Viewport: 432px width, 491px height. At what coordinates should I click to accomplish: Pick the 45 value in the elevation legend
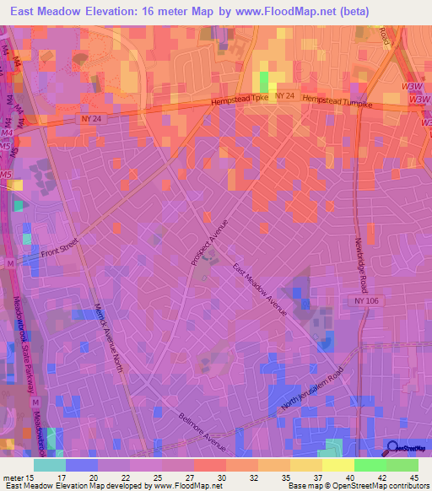tap(413, 477)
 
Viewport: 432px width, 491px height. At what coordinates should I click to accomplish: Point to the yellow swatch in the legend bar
tap(337, 465)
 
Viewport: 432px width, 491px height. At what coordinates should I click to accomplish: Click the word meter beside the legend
tap(13, 477)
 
